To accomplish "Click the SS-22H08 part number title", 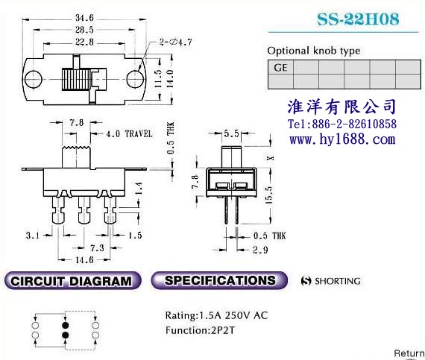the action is tap(358, 19).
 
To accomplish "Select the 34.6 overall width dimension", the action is tap(84, 18).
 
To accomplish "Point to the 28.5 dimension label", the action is tap(84, 30).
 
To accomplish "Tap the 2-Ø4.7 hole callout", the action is tap(175, 42).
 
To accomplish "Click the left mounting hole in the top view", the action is tap(34, 79).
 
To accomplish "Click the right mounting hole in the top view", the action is tap(136, 79).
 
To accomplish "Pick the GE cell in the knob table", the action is tap(280, 67).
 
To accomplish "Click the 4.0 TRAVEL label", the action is tap(129, 134).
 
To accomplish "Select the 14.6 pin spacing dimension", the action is tap(84, 260).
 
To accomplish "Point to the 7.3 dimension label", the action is tap(97, 248).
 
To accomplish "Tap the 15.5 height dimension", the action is tap(269, 195).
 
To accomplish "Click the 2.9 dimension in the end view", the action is tap(260, 250).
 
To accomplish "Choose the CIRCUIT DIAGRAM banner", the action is tap(72, 281).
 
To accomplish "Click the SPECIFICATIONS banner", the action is tap(219, 280).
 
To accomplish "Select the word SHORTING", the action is tap(338, 281).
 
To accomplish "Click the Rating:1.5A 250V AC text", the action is tap(216, 315).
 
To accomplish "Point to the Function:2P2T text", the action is tap(200, 330).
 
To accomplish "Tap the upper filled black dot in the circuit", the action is tap(66, 325).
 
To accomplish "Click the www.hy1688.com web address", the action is tap(342, 139).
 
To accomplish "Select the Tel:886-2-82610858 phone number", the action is tap(342, 124).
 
